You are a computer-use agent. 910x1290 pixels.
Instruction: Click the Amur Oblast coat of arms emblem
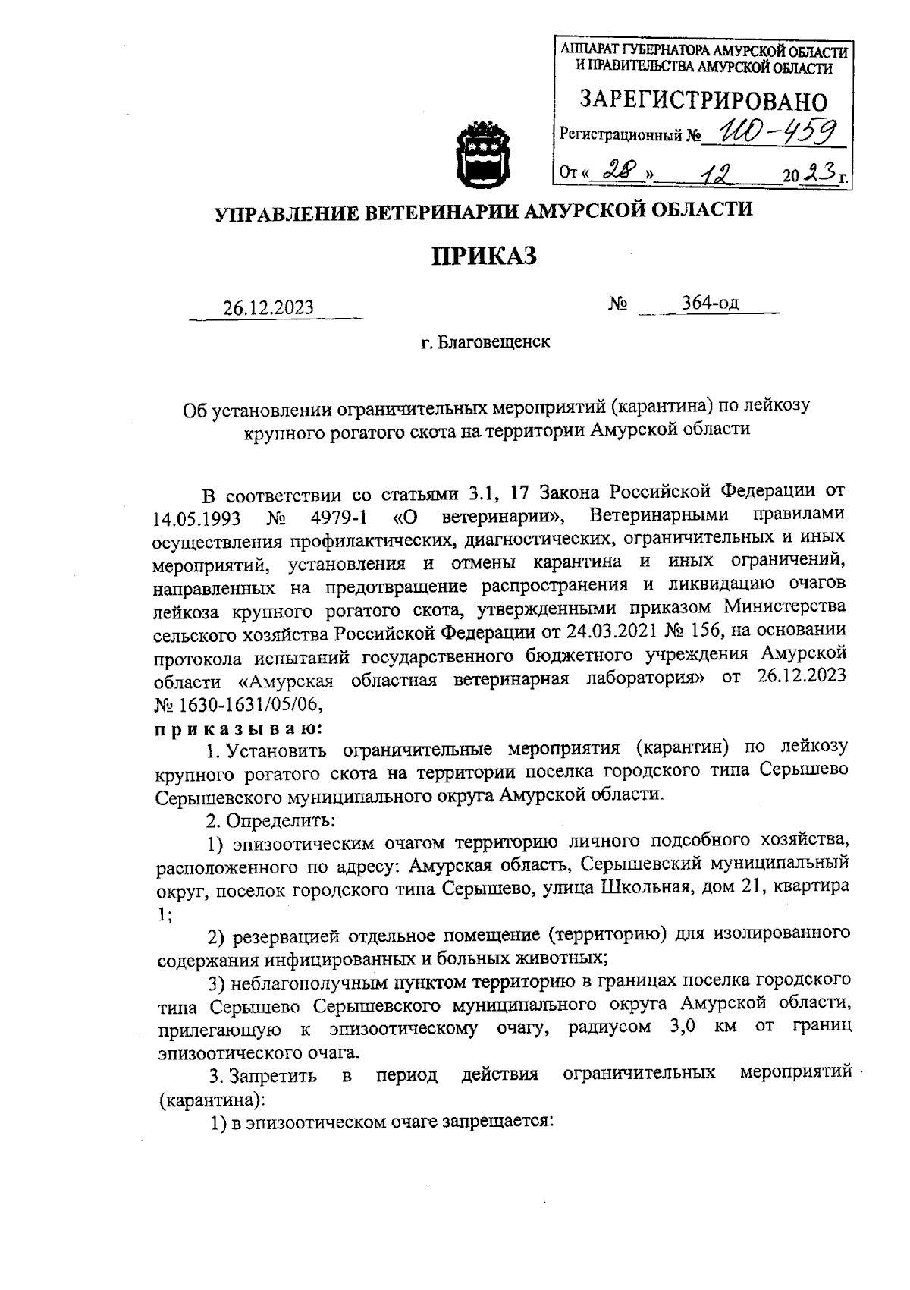[479, 153]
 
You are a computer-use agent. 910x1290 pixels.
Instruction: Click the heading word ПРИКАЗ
[484, 256]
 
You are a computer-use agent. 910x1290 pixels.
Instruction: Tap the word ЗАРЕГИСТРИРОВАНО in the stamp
[703, 101]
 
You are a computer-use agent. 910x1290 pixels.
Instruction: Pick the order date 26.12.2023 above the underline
[268, 307]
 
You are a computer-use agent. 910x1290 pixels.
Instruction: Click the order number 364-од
[710, 303]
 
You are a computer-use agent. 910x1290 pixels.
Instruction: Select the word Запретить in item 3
[275, 1075]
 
